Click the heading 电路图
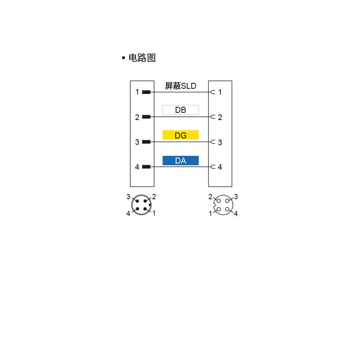tap(142, 58)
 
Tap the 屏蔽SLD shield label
tap(180, 86)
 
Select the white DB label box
tap(180, 110)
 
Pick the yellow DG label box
tap(180, 135)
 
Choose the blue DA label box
tap(180, 160)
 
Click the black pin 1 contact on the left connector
tap(146, 92)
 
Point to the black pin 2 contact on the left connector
tap(146, 117)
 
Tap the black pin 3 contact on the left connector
tap(146, 142)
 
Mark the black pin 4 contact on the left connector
tap(146, 167)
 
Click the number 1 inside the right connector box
tap(220, 92)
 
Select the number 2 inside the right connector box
tap(220, 117)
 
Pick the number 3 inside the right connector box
tap(220, 142)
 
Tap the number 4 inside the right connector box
tap(220, 167)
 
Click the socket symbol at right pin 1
tap(213, 92)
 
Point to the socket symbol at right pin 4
tap(213, 167)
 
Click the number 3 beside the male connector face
tap(128, 197)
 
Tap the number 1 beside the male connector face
tap(154, 213)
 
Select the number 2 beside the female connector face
tap(210, 197)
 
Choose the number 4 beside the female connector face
tap(236, 214)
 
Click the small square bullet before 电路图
tap(124, 58)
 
